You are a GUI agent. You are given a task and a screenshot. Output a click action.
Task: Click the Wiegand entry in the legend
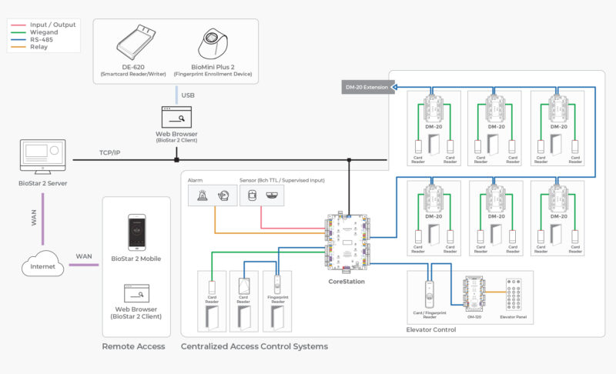click(44, 32)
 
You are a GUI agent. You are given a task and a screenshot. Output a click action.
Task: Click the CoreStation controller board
click(347, 242)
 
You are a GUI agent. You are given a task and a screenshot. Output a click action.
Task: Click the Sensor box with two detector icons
click(262, 195)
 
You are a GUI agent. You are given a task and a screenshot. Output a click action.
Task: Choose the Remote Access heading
click(133, 346)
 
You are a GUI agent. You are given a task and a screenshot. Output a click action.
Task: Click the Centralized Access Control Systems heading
click(254, 346)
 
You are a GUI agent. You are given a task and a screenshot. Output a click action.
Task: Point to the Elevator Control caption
click(430, 329)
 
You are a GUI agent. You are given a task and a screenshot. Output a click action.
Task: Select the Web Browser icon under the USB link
click(176, 118)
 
